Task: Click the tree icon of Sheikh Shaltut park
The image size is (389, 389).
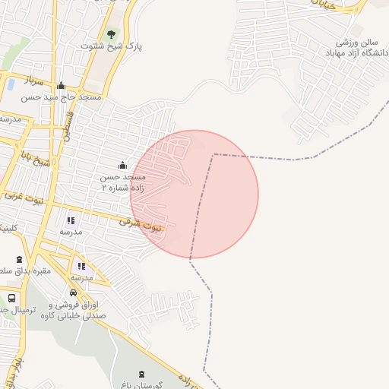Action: click(x=112, y=34)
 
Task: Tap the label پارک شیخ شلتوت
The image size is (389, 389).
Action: click(x=112, y=46)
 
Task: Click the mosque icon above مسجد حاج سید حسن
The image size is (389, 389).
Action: click(x=61, y=86)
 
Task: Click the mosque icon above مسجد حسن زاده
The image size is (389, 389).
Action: click(x=122, y=165)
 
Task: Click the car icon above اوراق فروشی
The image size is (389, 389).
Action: click(x=73, y=293)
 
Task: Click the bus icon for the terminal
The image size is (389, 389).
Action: click(x=11, y=298)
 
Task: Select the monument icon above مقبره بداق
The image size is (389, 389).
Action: click(x=19, y=259)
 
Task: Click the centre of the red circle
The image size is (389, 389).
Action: click(x=194, y=194)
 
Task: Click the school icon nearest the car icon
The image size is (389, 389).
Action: click(x=81, y=266)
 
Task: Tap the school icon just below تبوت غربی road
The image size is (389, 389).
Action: click(x=71, y=220)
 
